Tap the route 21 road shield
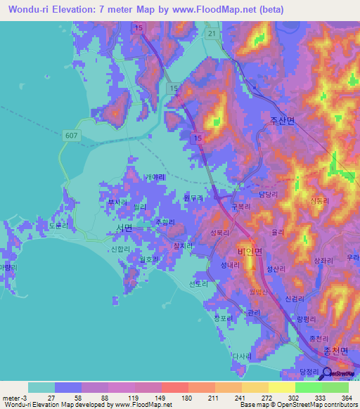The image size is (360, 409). pos(212,33)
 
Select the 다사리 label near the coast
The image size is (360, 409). pos(243,356)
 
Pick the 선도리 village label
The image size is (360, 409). pos(200,284)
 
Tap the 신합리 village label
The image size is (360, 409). pos(121,249)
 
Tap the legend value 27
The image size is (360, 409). pos(55,398)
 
